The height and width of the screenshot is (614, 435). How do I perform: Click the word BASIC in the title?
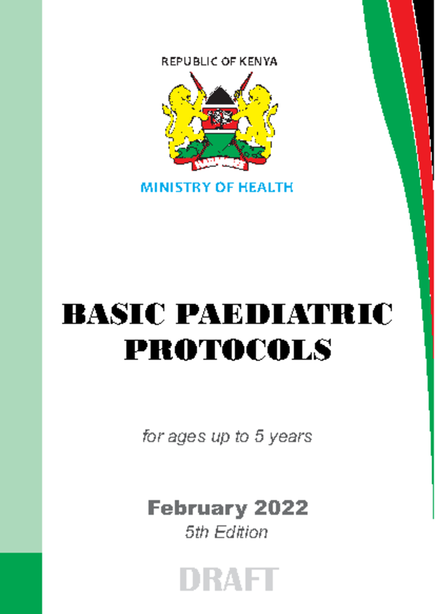tap(114, 314)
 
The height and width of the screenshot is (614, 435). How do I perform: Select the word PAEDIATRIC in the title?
tap(284, 314)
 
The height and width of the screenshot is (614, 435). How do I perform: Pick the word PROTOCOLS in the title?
tap(228, 350)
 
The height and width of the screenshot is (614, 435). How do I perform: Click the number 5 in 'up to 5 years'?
tap(258, 436)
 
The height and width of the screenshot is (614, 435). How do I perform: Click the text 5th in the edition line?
tap(197, 532)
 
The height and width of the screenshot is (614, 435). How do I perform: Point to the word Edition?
tap(241, 532)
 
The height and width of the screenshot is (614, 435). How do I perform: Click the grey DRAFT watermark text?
tap(229, 580)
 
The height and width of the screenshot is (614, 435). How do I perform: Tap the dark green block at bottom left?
tap(21, 583)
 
